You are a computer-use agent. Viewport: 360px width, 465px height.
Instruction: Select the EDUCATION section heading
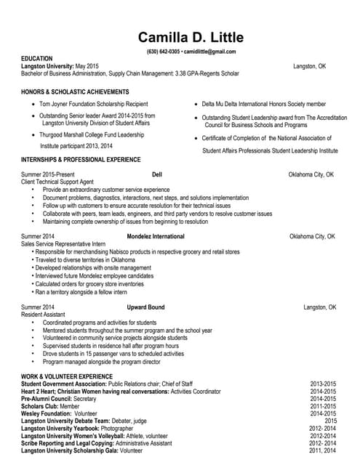(x=37, y=59)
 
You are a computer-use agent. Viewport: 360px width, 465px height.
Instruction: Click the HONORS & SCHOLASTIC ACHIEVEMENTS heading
(x=75, y=92)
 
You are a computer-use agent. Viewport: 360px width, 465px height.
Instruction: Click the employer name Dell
(x=157, y=175)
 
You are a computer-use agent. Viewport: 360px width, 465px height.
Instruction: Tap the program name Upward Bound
(x=145, y=307)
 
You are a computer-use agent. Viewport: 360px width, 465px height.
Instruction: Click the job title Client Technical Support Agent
(x=57, y=182)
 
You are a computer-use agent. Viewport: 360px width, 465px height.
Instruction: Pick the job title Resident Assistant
(x=43, y=315)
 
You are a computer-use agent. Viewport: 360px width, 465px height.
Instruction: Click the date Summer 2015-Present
(x=48, y=175)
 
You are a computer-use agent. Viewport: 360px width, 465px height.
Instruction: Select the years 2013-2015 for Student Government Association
(x=323, y=384)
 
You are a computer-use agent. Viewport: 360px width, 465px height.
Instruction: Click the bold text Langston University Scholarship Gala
(x=70, y=451)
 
